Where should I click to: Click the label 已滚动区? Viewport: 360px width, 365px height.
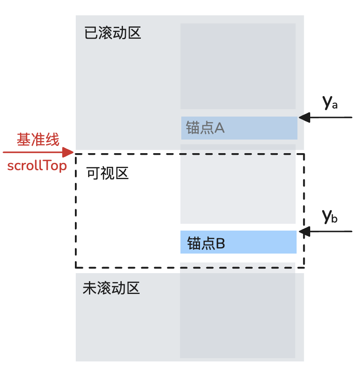click(113, 33)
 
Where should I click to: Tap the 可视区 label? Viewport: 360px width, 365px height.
click(108, 174)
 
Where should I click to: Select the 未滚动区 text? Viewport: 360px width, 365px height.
click(111, 289)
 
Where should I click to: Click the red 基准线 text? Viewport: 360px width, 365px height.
click(38, 140)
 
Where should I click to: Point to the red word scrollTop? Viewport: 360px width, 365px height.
click(37, 165)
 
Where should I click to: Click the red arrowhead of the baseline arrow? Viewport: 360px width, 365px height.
click(68, 152)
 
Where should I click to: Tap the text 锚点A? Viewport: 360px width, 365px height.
click(205, 128)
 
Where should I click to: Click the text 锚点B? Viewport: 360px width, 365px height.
click(206, 243)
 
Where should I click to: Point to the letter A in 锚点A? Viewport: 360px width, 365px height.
click(220, 128)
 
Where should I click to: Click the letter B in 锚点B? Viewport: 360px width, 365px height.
click(220, 243)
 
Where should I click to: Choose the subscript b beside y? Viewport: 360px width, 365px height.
click(334, 219)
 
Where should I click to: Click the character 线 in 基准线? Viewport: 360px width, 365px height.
click(52, 140)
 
